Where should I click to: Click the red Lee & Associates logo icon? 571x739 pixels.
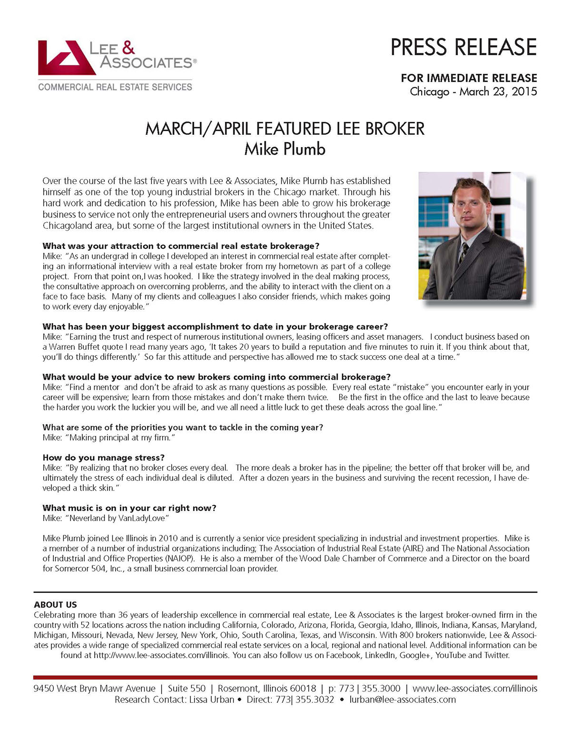point(66,58)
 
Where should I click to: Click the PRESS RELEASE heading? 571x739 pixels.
point(463,47)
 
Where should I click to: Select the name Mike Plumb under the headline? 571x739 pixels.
point(285,149)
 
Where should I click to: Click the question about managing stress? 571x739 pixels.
point(103,457)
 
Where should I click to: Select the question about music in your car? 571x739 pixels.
point(129,508)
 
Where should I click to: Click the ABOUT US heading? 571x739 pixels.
point(55,604)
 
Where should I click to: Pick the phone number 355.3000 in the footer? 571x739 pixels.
point(381,688)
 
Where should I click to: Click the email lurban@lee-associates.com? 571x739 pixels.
point(403,700)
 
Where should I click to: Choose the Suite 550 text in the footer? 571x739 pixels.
point(187,688)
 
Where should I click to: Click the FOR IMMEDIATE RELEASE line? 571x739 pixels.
point(469,78)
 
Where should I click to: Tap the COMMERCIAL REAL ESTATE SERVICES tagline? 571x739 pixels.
point(115,87)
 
